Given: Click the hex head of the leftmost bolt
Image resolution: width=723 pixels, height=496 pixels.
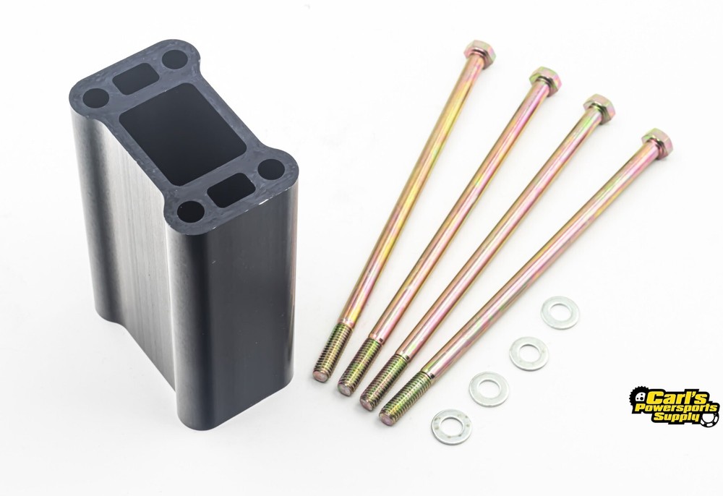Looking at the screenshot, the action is tap(480, 51).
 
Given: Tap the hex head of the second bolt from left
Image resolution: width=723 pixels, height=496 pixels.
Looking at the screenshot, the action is tap(544, 79).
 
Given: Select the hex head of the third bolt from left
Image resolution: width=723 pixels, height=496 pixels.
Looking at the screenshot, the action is tap(599, 106).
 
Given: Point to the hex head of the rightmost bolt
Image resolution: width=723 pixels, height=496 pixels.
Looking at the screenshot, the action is tap(656, 140).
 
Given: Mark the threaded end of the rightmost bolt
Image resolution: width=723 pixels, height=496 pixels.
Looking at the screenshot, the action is tap(404, 398).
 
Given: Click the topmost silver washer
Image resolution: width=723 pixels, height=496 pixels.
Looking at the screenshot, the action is tap(560, 312).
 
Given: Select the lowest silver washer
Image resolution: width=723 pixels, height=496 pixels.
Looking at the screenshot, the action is tap(451, 427).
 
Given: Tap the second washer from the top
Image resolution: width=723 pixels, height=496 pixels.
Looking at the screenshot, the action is tap(529, 353).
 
